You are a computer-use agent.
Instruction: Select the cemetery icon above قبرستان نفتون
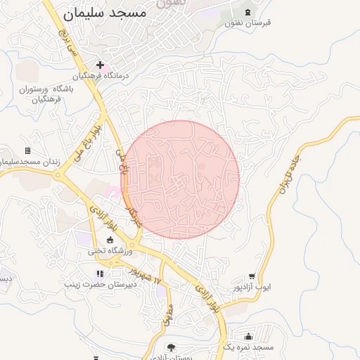pyautogui.click(x=247, y=13)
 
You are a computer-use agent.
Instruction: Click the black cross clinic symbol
pyautogui.click(x=101, y=65)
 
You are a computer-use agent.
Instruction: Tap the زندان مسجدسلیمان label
pyautogui.click(x=27, y=162)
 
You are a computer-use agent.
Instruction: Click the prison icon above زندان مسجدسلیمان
pyautogui.click(x=27, y=150)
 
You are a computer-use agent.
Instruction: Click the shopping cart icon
pyautogui.click(x=252, y=277)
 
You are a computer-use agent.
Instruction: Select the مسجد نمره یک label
pyautogui.click(x=247, y=347)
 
